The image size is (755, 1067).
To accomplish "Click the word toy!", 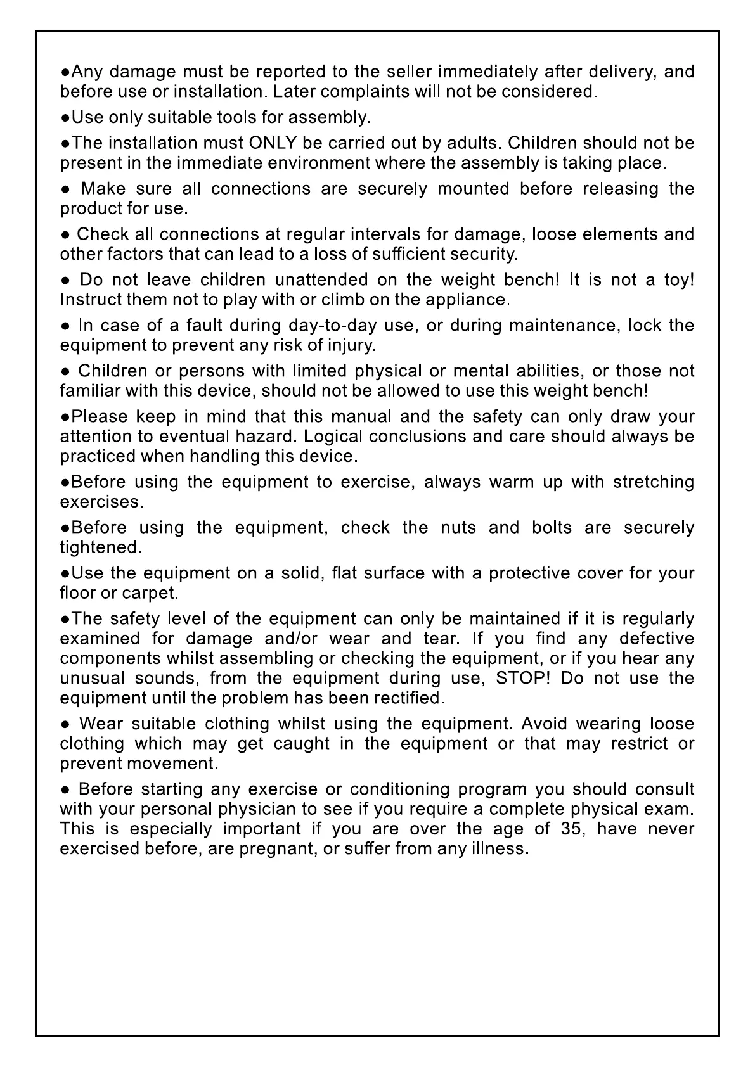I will [x=679, y=279].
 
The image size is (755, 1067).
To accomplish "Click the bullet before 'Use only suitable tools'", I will [x=65, y=118].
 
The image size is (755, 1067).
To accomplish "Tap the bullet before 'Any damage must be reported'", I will [x=65, y=72].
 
